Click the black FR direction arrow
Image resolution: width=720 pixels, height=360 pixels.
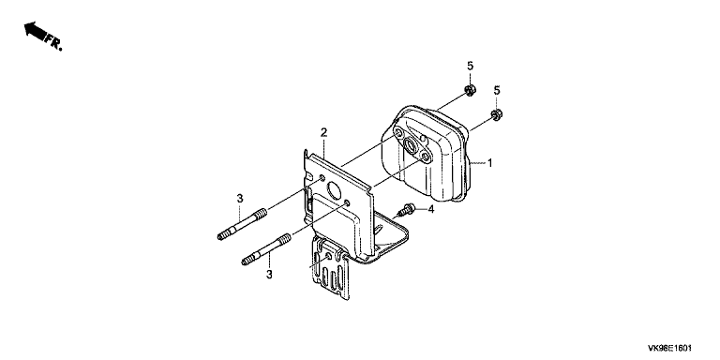coord(35,31)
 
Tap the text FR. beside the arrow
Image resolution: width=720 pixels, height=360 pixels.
coord(53,44)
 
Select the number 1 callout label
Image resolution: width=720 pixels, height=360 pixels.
coord(490,162)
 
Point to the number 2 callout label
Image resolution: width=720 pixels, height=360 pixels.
coord(323,133)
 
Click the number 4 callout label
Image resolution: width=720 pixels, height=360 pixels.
coord(430,210)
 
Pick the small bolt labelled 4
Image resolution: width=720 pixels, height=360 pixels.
coord(407,210)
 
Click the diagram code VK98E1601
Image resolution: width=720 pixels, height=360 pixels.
coord(669,349)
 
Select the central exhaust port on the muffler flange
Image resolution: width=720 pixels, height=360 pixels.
coord(410,145)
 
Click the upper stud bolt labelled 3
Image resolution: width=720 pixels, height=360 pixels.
coord(242,224)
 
